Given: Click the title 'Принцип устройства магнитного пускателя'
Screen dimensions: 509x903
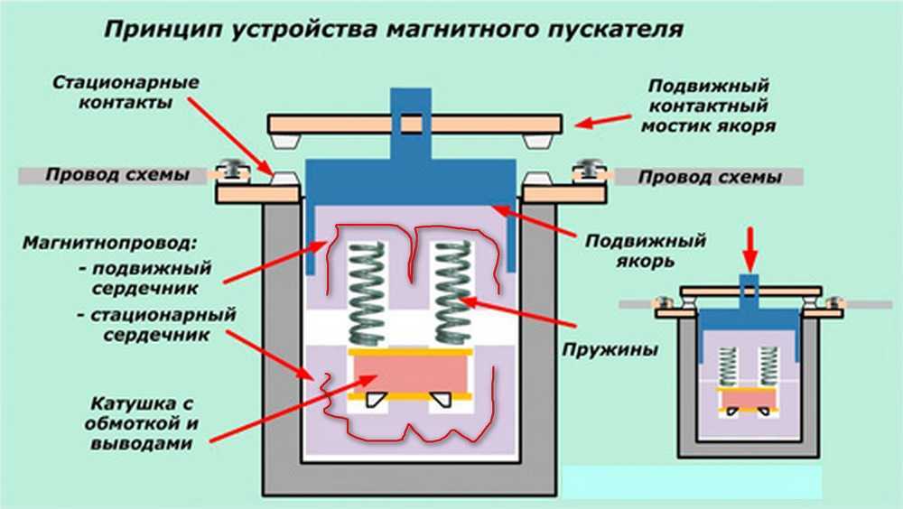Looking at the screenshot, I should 394,29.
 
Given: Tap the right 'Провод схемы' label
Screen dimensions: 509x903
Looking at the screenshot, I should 710,178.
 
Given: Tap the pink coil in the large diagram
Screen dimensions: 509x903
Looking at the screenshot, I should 414,372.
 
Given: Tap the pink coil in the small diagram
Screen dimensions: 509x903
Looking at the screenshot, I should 748,397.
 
